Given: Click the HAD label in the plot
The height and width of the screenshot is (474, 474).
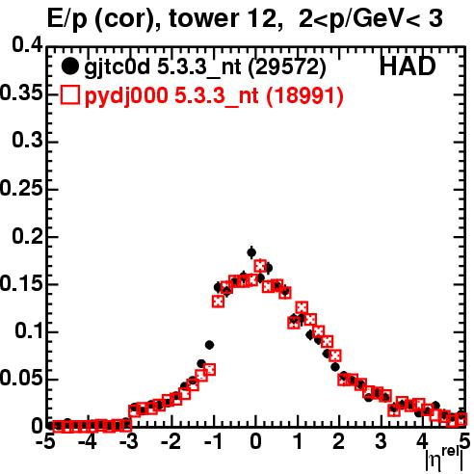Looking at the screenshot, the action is (x=408, y=66).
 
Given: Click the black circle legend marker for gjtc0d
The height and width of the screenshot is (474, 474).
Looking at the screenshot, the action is (x=69, y=66).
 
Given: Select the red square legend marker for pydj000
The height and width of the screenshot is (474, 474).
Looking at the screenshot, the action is (x=69, y=95).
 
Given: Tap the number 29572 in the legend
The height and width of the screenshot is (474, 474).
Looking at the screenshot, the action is (x=287, y=66).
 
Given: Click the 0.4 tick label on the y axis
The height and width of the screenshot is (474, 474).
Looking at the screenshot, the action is (x=28, y=45).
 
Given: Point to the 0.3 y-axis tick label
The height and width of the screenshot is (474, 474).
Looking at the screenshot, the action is (x=28, y=140).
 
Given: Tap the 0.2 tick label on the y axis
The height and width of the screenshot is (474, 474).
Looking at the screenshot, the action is (x=28, y=236).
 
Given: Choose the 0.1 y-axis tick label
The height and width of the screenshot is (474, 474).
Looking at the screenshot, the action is (x=29, y=330).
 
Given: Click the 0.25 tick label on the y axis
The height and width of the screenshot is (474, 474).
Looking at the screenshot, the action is (x=21, y=188).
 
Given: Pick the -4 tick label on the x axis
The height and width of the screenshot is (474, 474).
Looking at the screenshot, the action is (x=87, y=442).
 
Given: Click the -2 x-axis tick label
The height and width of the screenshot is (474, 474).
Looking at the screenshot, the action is (x=171, y=442).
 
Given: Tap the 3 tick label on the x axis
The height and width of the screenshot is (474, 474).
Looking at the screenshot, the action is (x=381, y=442).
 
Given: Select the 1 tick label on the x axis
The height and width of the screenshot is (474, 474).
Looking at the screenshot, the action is (x=299, y=442).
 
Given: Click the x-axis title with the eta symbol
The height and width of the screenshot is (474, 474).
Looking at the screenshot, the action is (x=444, y=460).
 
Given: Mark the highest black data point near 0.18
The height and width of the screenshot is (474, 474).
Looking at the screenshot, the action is (x=251, y=252).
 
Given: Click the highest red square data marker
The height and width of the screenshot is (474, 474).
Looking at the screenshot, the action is (x=260, y=266).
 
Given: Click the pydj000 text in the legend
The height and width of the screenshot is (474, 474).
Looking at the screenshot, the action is (x=126, y=96).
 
